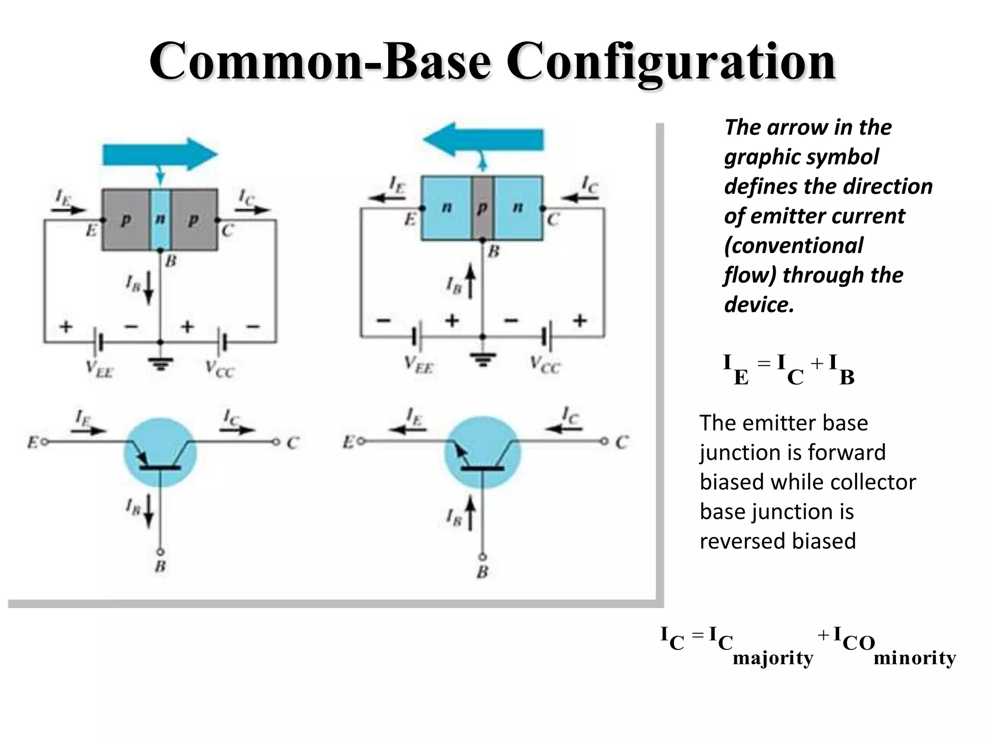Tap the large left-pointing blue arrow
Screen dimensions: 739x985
(483, 140)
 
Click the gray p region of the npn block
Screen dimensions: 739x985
(482, 208)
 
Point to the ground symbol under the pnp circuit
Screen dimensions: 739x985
(161, 364)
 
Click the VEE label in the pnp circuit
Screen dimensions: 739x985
(100, 369)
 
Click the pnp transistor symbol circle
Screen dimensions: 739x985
(160, 452)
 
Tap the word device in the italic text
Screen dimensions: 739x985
(758, 305)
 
